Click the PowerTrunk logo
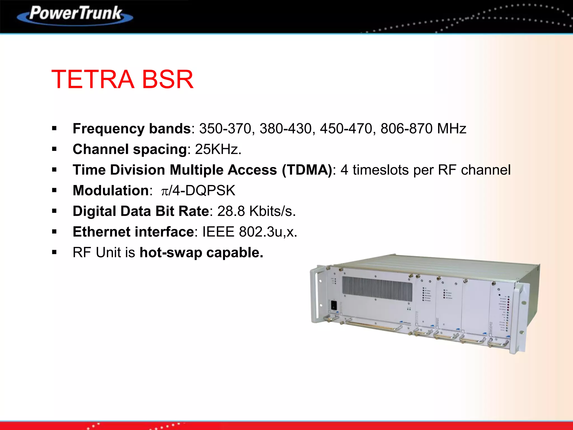75,15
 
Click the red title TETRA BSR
122,80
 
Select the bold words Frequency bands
131,129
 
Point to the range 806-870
406,129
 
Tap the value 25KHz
218,149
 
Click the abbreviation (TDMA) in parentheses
307,170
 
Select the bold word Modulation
111,191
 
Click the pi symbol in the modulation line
165,191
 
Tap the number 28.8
231,211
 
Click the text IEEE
218,232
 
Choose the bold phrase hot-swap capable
201,253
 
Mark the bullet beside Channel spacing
54,149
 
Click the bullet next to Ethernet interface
54,232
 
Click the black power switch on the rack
334,305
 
